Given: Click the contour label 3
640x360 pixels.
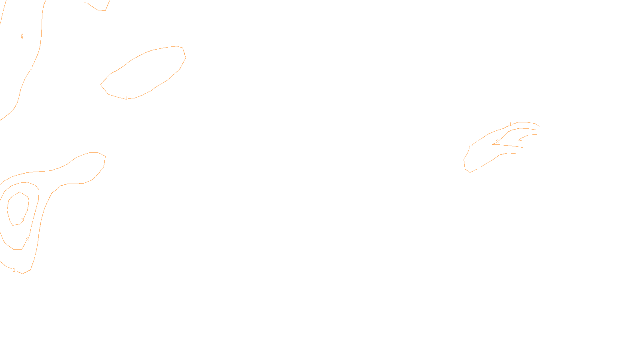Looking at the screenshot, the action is click(x=23, y=220).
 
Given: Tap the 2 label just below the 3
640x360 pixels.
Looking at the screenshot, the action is click(x=27, y=240).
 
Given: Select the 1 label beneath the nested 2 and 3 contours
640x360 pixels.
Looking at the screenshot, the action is click(x=14, y=270).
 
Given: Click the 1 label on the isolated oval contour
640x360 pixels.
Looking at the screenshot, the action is click(x=126, y=98).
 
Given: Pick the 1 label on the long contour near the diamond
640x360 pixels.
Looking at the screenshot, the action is click(x=31, y=68).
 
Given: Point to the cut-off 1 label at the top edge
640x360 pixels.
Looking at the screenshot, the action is click(x=85, y=2).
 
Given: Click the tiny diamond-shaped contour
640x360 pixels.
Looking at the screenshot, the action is click(x=22, y=36).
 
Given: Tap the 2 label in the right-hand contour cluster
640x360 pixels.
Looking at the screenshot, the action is click(x=497, y=142).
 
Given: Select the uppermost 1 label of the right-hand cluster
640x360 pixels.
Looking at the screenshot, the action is click(x=510, y=124).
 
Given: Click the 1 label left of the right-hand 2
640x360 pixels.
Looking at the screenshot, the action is click(x=470, y=148).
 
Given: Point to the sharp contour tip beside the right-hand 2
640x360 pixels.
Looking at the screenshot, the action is click(x=493, y=144).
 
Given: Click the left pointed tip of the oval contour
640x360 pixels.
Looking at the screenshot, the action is click(x=101, y=84).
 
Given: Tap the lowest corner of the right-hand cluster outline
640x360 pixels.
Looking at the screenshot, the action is click(x=470, y=172).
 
